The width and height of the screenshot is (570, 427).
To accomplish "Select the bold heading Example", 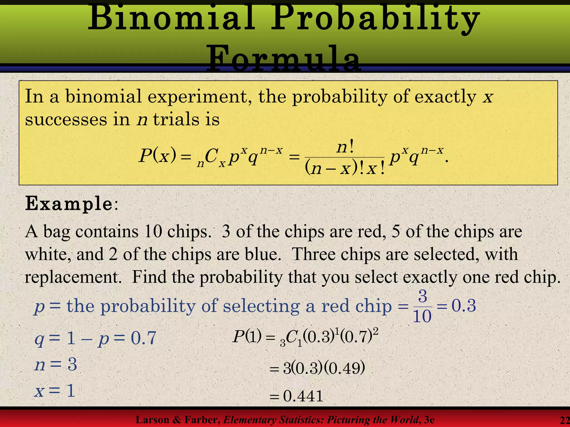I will [x=69, y=203].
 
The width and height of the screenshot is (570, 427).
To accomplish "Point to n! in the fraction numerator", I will [x=345, y=147].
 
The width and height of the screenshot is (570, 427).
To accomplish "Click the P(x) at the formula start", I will [x=158, y=156].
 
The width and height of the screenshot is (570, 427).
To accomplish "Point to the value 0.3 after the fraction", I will [x=463, y=306].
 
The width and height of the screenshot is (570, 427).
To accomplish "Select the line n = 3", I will [x=56, y=364].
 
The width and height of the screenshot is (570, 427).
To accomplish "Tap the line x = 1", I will [x=55, y=390].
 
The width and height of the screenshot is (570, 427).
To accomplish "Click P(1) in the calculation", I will [x=247, y=337].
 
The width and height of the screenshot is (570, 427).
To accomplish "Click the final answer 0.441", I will [x=303, y=396].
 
